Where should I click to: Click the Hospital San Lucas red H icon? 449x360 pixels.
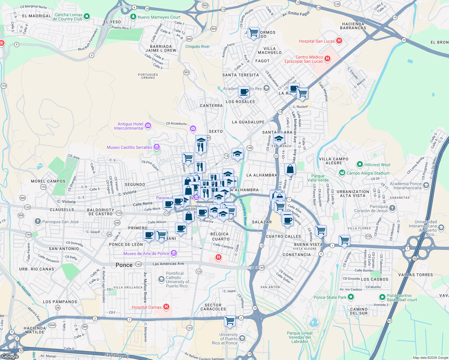click(339, 41)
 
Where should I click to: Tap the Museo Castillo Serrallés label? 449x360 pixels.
click(129, 147)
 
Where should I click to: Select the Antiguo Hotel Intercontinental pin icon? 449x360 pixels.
click(148, 126)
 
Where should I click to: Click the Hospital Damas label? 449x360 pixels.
click(146, 307)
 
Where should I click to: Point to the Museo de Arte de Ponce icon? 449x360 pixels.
click(174, 253)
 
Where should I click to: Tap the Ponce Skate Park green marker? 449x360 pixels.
click(351, 297)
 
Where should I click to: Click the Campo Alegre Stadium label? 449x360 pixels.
click(368, 173)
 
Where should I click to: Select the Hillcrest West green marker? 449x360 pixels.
click(360, 164)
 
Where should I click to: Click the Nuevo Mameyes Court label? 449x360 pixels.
click(159, 17)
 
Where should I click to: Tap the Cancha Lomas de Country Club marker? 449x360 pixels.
click(87, 16)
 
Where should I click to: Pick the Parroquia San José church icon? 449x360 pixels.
click(38, 221)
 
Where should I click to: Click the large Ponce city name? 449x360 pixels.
click(124, 265)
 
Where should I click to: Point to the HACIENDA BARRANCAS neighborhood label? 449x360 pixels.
click(353, 26)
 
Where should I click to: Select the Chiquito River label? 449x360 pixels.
click(197, 46)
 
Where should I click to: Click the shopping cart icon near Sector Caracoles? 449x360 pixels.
click(230, 320)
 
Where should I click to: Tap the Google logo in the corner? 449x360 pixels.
click(10, 356)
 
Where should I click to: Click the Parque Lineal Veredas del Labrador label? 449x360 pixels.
click(300, 337)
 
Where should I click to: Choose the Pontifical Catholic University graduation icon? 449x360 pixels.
click(161, 279)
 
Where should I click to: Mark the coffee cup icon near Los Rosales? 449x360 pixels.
click(244, 91)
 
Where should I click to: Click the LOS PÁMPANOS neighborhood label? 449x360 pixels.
click(60, 302)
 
